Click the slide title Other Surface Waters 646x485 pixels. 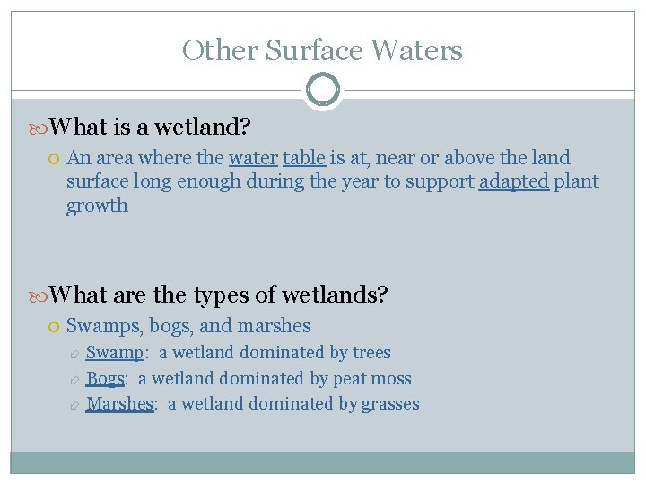tap(322, 50)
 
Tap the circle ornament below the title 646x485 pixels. tap(322, 90)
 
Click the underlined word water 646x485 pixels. tap(253, 158)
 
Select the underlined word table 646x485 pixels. tap(303, 158)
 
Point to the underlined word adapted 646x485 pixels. tap(513, 182)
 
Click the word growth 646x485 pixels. tap(97, 206)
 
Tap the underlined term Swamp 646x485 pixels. tap(114, 353)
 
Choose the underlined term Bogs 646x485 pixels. tap(105, 379)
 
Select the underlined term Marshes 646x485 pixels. tap(119, 404)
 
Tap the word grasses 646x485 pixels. tap(390, 404)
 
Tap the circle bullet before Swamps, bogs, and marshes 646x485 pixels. tap(54, 327)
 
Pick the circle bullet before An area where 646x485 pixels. tap(54, 159)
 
